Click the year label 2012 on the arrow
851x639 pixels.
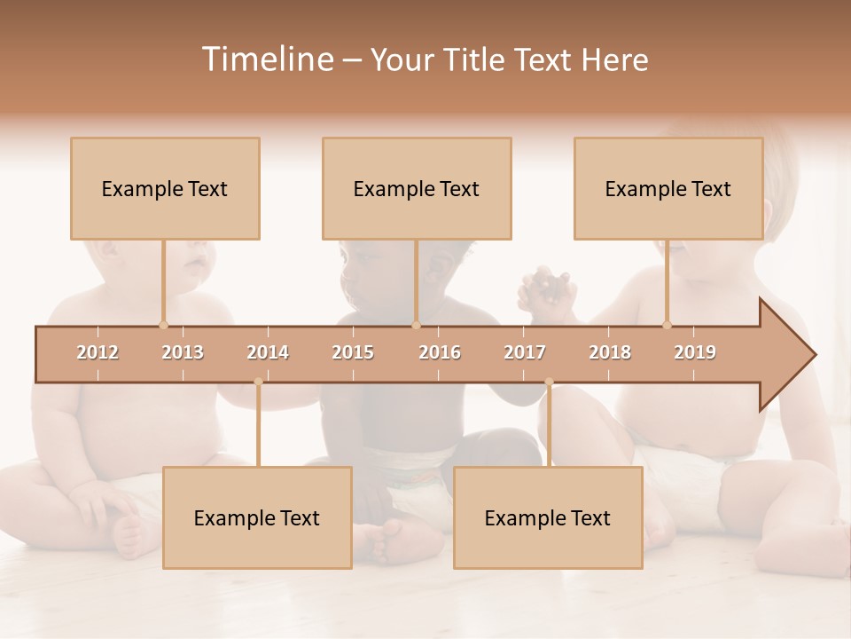98,352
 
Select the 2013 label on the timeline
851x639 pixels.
183,352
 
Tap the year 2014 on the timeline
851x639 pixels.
268,352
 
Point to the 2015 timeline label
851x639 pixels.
353,352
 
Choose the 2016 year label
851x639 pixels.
440,352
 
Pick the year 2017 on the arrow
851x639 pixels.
525,352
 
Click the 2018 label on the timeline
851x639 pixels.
610,352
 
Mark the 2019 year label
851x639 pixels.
695,352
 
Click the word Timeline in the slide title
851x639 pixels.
266,59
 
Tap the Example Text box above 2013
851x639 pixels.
165,188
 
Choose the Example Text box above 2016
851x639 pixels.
417,188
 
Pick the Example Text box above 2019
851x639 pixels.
668,188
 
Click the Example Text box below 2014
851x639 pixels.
257,517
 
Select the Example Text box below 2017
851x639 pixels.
548,517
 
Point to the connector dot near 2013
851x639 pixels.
163,325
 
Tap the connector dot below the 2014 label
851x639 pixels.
258,382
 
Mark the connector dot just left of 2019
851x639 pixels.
668,325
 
